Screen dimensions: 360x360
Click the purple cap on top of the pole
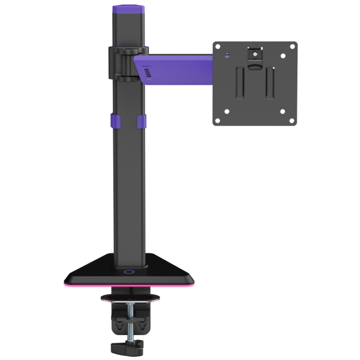point(128,10)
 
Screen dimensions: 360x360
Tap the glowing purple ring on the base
point(129,272)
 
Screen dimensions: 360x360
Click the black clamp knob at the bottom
point(127,348)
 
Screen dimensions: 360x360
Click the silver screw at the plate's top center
point(254,54)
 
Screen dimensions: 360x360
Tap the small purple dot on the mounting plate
point(228,55)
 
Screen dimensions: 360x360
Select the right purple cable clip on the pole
point(141,124)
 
